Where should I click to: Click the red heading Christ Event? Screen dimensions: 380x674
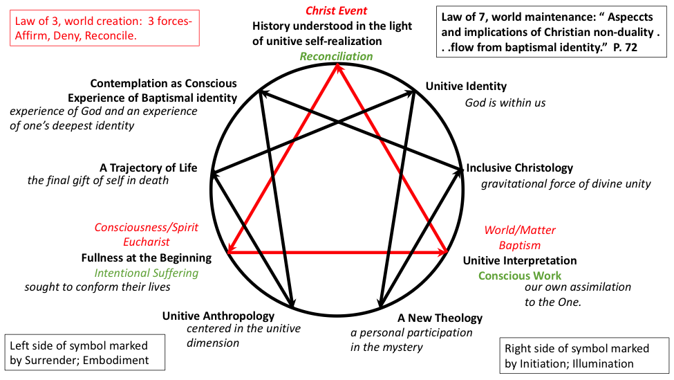[x=337, y=11]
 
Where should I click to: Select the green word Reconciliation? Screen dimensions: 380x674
[x=336, y=56]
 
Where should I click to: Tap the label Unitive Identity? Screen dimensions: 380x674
[x=466, y=87]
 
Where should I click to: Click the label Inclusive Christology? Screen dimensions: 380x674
[x=520, y=168]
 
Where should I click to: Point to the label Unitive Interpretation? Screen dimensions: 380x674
[x=520, y=260]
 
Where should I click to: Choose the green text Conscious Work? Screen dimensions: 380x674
[x=520, y=275]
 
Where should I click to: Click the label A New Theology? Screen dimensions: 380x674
[x=440, y=318]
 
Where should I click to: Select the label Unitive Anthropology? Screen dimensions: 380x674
[x=218, y=316]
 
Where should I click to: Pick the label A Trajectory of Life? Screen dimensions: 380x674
[x=148, y=168]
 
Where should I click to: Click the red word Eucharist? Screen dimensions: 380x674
[x=147, y=242]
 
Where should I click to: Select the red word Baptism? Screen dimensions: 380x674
[x=520, y=245]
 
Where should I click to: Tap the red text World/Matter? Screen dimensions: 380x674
[x=520, y=230]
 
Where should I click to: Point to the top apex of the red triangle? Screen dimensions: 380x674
[x=337, y=64]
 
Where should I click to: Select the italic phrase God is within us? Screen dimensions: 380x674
[x=505, y=102]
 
